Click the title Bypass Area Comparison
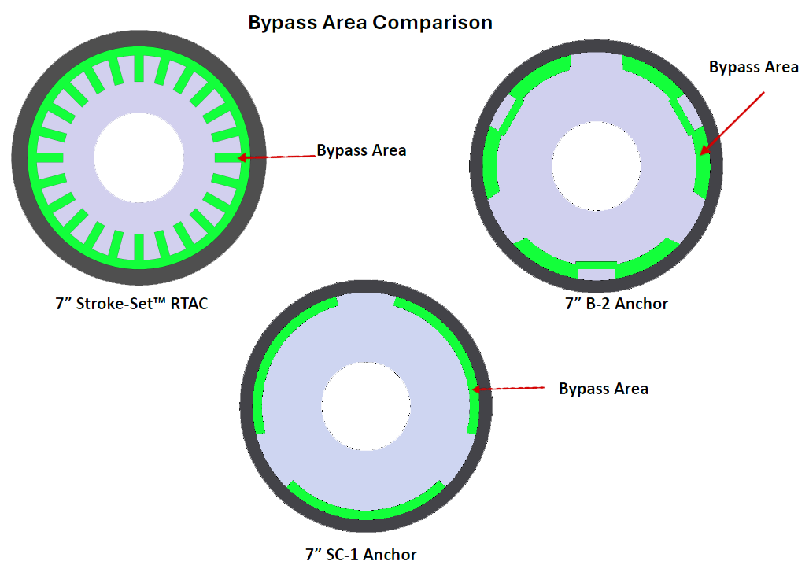pos(370,23)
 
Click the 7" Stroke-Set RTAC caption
pos(131,303)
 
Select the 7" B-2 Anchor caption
pos(616,303)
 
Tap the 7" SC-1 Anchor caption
pos(360,555)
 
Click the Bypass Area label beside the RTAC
pos(361,150)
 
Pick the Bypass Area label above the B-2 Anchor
pos(753,67)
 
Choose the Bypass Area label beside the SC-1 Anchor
pos(603,389)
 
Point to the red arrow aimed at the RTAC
pos(276,157)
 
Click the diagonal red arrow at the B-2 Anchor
pos(732,124)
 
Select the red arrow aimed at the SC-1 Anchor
pos(508,388)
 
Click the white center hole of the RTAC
pos(139,157)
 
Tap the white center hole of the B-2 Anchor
pos(597,166)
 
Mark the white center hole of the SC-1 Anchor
pos(366,407)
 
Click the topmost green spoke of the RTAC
pos(139,68)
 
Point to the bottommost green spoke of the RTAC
pos(139,246)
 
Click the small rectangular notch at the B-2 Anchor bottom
pos(597,271)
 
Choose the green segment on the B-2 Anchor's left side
pos(491,162)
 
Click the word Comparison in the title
pos(432,23)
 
